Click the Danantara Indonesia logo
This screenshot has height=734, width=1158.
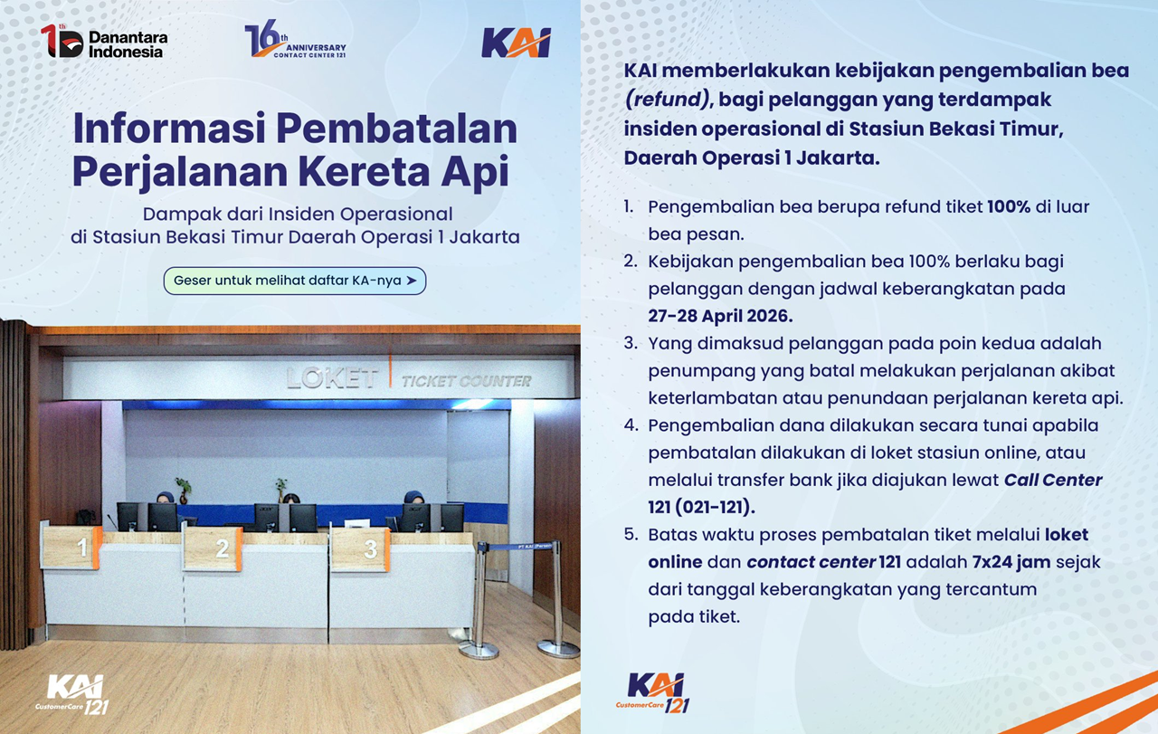pyautogui.click(x=104, y=42)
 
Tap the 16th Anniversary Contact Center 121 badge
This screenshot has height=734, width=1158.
pyautogui.click(x=295, y=42)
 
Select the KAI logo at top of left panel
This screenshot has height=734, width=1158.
pyautogui.click(x=516, y=43)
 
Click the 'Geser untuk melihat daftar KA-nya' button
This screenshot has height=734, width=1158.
pyautogui.click(x=295, y=281)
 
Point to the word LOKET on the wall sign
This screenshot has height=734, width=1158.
pyautogui.click(x=332, y=378)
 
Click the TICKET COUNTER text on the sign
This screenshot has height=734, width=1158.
pyautogui.click(x=466, y=381)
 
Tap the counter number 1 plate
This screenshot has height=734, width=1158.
pyautogui.click(x=82, y=548)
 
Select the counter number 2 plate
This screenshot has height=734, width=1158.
pyautogui.click(x=223, y=548)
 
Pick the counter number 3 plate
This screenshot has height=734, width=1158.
pyautogui.click(x=370, y=548)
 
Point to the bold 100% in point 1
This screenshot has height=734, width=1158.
pyautogui.click(x=1009, y=206)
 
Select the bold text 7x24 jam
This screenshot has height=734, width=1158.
pyautogui.click(x=1011, y=561)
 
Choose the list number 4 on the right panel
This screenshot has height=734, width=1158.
pyautogui.click(x=630, y=425)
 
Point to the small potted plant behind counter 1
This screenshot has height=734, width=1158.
pyautogui.click(x=184, y=489)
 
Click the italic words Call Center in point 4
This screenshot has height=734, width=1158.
pyautogui.click(x=1053, y=480)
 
